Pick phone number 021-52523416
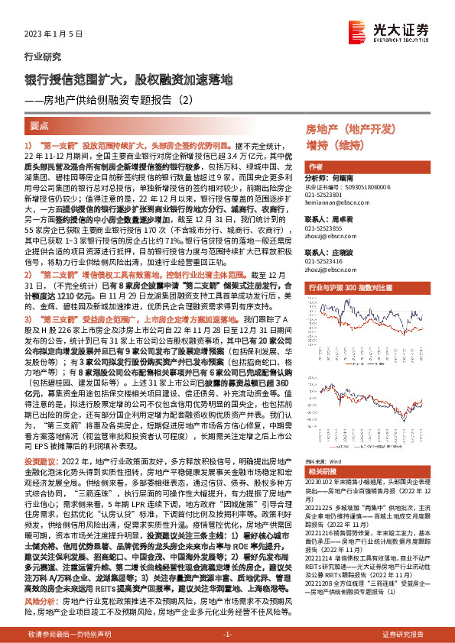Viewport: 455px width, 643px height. point(324,260)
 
